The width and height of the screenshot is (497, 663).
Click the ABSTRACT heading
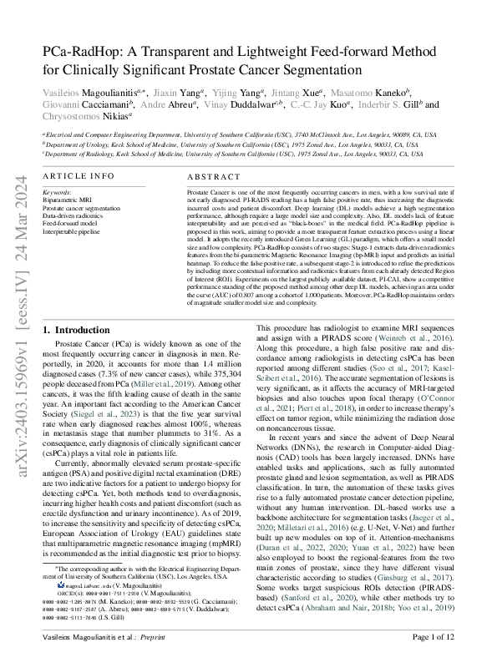[x=214, y=178]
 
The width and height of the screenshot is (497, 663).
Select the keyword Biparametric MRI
[x=68, y=199]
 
